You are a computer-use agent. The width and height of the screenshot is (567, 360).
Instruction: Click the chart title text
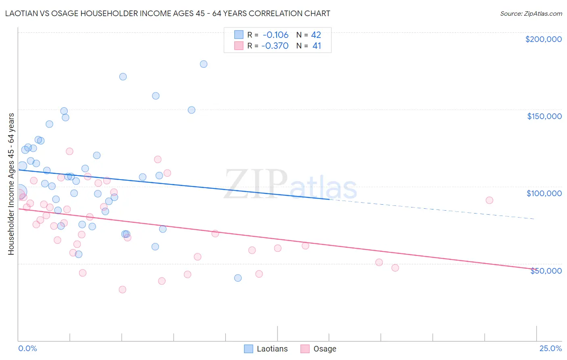[x=167, y=13]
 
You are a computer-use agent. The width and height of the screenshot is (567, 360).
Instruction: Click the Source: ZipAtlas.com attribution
[x=531, y=13]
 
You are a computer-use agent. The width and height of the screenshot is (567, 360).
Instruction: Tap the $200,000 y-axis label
[x=543, y=39]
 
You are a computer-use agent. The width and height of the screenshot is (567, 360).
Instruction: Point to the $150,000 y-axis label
[x=544, y=116]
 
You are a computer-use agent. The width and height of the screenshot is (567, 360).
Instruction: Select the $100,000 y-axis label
[x=544, y=193]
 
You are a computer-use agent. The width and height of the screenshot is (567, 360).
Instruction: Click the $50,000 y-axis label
[x=546, y=271]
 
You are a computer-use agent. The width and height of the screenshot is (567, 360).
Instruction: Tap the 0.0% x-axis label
[x=27, y=348]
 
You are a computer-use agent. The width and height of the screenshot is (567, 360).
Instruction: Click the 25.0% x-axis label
[x=550, y=348]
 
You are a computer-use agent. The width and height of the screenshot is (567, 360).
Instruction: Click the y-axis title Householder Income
[x=11, y=184]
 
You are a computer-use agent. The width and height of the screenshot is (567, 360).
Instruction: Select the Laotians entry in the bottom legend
[x=272, y=349]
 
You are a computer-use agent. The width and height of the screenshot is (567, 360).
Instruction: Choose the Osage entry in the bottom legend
[x=324, y=349]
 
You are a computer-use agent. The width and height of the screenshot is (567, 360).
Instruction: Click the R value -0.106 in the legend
[x=275, y=35]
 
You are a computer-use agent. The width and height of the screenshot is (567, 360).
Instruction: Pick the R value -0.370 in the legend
[x=275, y=46]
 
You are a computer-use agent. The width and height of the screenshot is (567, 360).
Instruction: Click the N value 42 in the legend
[x=316, y=35]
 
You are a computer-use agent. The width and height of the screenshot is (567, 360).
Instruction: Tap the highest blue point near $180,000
[x=204, y=64]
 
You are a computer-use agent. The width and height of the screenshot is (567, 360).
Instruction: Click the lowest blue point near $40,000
[x=238, y=278]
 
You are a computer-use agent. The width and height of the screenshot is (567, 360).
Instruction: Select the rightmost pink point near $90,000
[x=489, y=200]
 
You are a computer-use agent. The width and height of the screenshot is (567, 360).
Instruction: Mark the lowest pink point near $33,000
[x=123, y=289]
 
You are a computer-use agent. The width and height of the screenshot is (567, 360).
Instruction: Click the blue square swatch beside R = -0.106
[x=239, y=35]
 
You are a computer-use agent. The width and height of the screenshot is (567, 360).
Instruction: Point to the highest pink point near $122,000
[x=69, y=151]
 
